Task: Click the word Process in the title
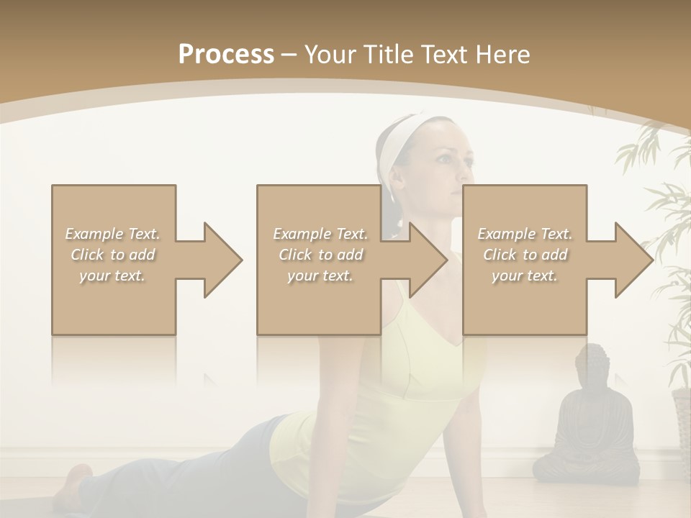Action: pyautogui.click(x=226, y=55)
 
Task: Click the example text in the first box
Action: pyautogui.click(x=113, y=255)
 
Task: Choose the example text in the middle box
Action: pyautogui.click(x=320, y=255)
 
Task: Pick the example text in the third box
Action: pyautogui.click(x=525, y=255)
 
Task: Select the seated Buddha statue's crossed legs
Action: pyautogui.click(x=586, y=464)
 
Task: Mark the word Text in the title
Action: pyautogui.click(x=451, y=55)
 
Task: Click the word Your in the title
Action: pyautogui.click(x=331, y=55)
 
